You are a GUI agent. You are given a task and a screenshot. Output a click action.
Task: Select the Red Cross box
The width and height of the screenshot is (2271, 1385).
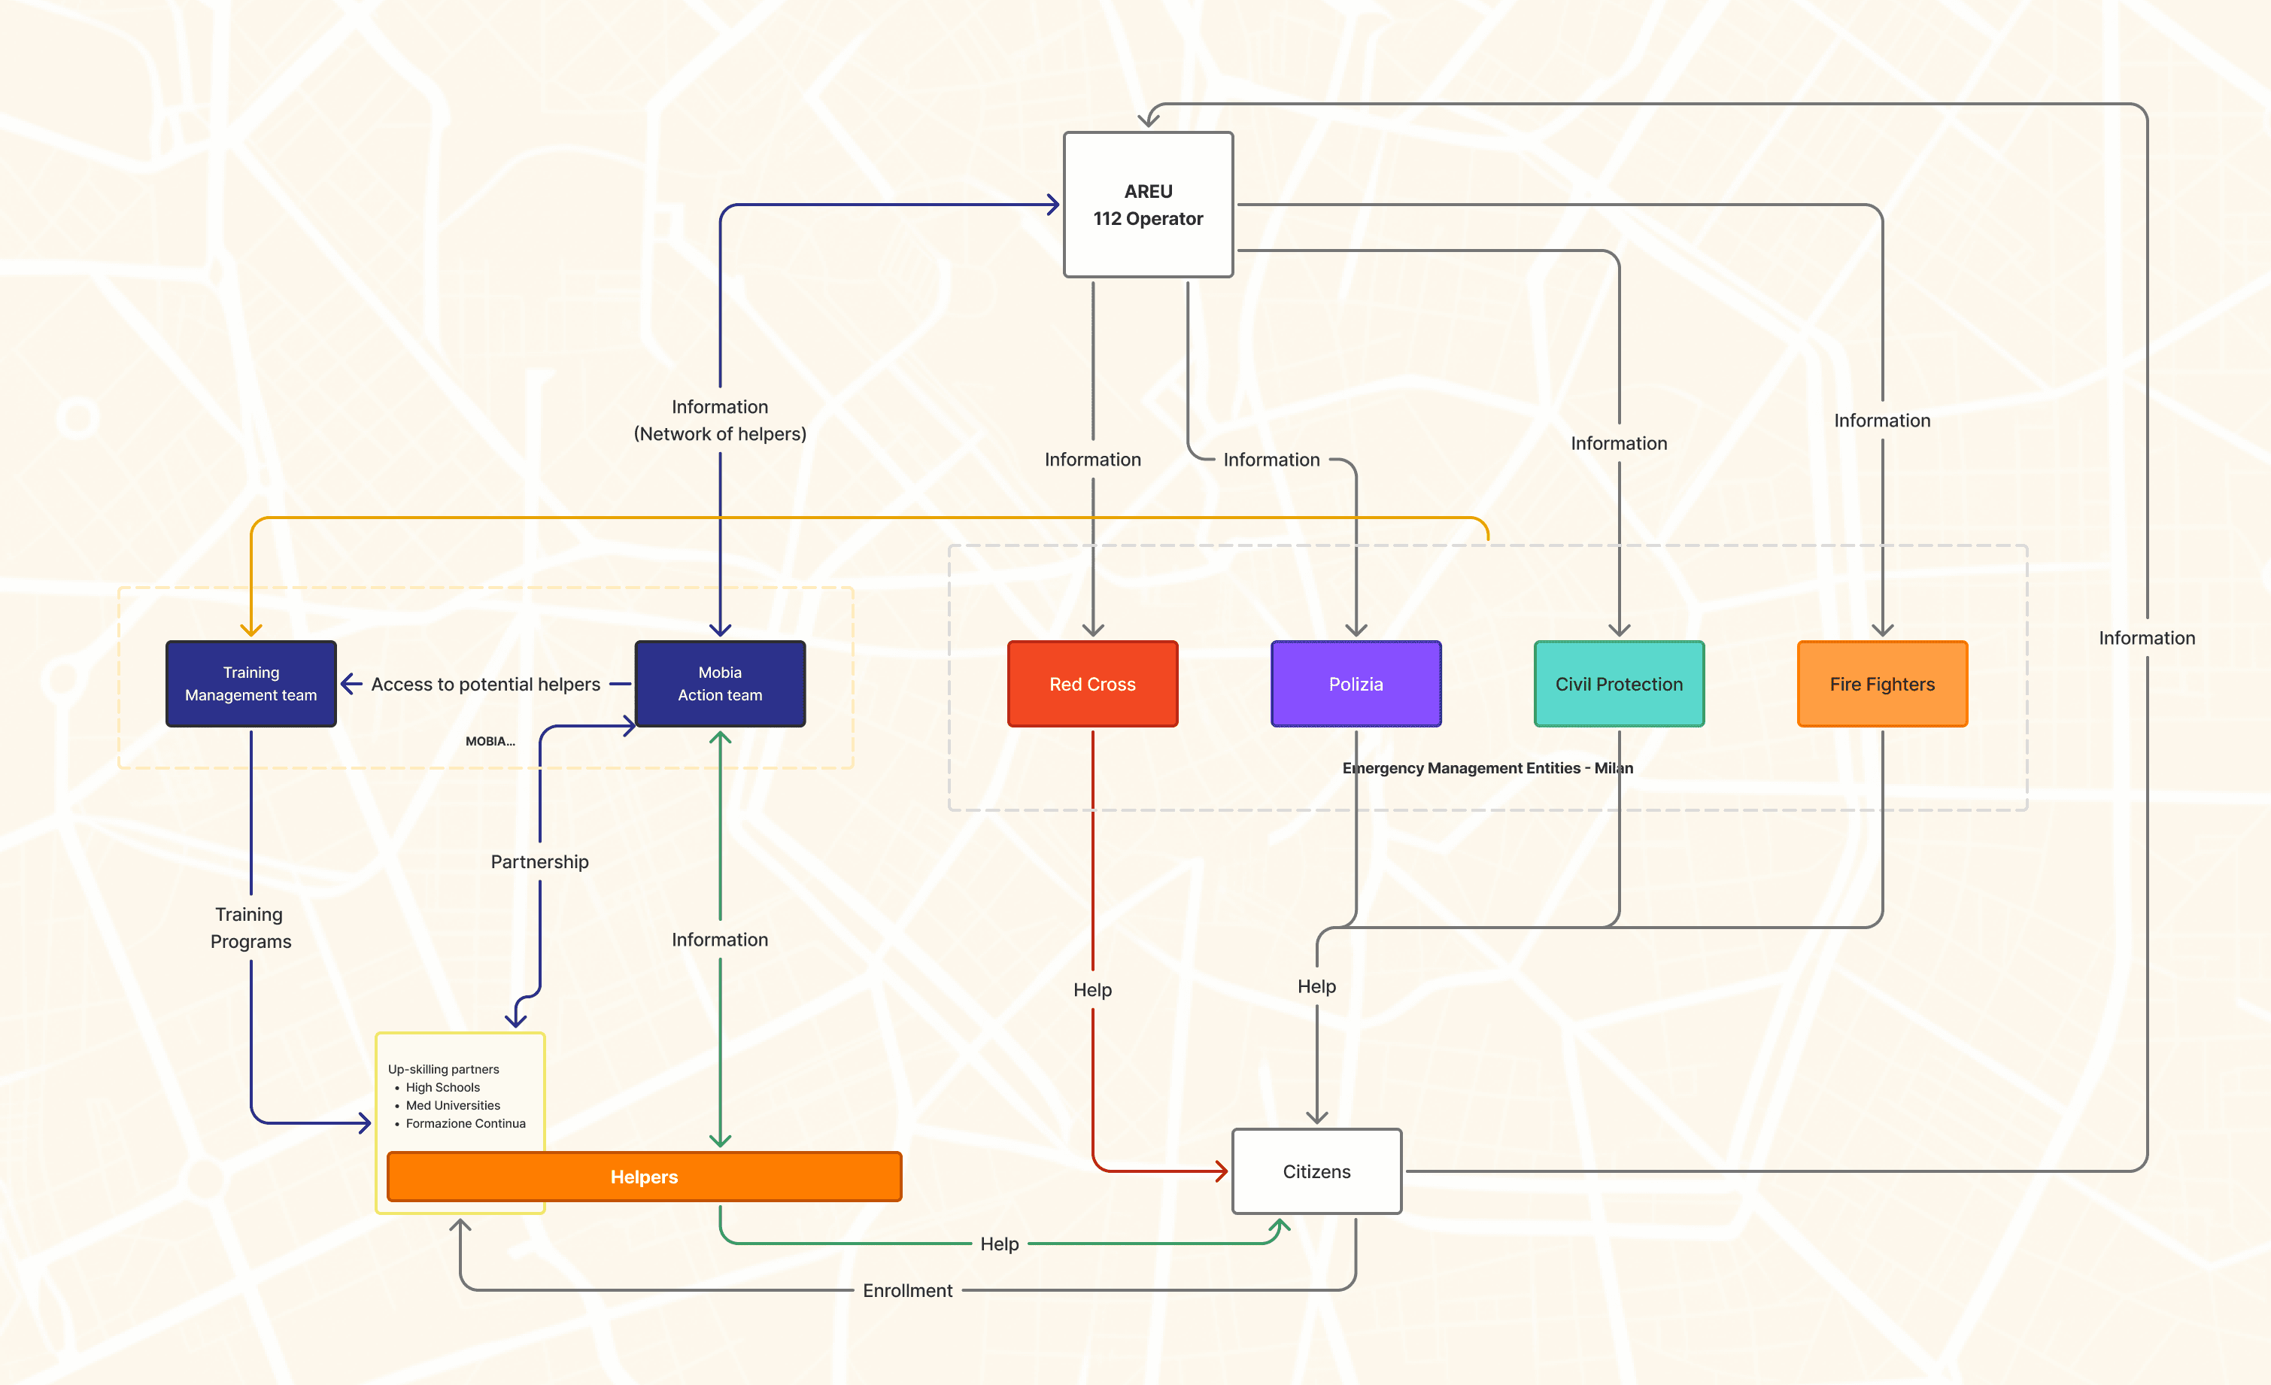click(x=1092, y=684)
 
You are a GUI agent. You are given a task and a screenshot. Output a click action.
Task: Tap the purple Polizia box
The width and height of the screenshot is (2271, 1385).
click(x=1355, y=684)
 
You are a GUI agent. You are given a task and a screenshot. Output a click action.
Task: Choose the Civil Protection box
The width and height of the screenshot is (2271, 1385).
click(x=1619, y=684)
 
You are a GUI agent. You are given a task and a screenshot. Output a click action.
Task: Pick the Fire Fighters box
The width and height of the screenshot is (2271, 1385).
click(x=1881, y=684)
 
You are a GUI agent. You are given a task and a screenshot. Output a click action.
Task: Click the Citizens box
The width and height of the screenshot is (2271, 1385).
click(x=1316, y=1171)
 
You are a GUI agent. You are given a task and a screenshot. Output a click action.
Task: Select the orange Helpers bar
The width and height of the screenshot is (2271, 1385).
click(x=643, y=1177)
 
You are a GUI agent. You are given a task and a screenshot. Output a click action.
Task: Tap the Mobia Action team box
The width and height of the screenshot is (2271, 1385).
click(x=720, y=684)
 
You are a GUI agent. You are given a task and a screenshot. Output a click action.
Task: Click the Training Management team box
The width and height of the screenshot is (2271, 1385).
click(x=250, y=684)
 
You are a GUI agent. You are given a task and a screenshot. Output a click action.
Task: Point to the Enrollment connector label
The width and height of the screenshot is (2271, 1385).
click(x=907, y=1290)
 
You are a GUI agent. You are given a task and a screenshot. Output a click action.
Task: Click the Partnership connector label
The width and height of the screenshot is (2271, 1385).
click(x=539, y=861)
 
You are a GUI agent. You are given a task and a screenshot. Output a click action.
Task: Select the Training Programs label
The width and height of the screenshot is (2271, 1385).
click(x=250, y=927)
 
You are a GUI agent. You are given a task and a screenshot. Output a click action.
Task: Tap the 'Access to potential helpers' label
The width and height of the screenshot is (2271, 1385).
click(x=486, y=684)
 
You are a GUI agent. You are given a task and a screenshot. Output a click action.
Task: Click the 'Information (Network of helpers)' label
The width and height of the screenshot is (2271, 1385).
click(x=720, y=421)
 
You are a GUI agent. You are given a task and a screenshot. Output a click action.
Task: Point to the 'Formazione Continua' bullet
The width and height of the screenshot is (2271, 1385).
click(x=466, y=1123)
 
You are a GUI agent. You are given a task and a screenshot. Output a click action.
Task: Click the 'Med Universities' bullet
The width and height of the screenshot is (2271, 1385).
click(x=453, y=1105)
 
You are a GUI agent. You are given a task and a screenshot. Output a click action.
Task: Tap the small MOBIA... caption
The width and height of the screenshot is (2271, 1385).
click(x=490, y=741)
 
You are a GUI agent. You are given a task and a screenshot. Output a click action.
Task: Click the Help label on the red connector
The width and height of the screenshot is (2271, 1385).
click(x=1092, y=990)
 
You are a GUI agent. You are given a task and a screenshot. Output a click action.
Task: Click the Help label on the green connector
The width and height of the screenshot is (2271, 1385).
click(x=999, y=1244)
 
